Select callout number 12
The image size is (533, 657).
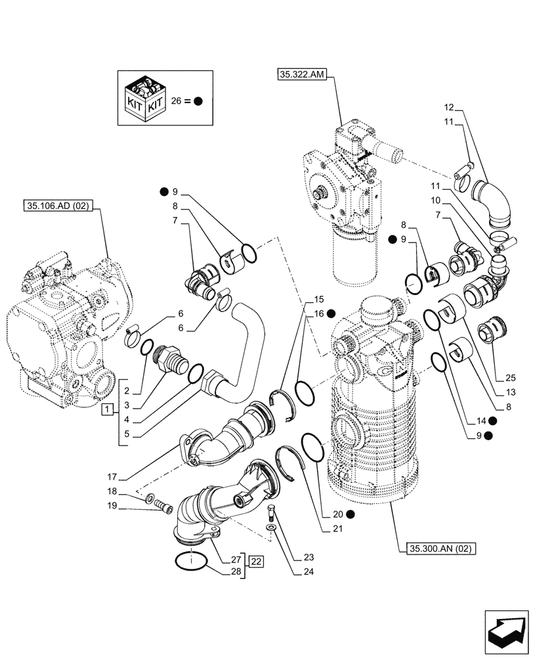(x=448, y=106)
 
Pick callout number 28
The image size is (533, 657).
(x=234, y=572)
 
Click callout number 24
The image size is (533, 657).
(x=309, y=572)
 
